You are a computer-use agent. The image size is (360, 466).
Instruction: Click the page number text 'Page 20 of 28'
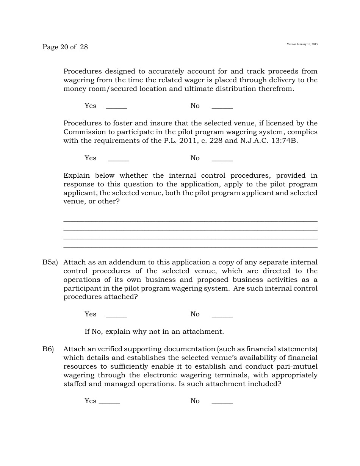[x=65, y=47]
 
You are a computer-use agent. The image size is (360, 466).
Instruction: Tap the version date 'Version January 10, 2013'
[x=302, y=44]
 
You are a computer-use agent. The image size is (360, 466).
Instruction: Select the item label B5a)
[x=50, y=262]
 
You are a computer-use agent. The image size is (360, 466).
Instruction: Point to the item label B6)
[x=48, y=349]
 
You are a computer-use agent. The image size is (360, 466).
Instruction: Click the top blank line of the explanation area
[x=190, y=221]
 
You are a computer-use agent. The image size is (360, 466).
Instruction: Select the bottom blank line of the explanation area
[x=190, y=247]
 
